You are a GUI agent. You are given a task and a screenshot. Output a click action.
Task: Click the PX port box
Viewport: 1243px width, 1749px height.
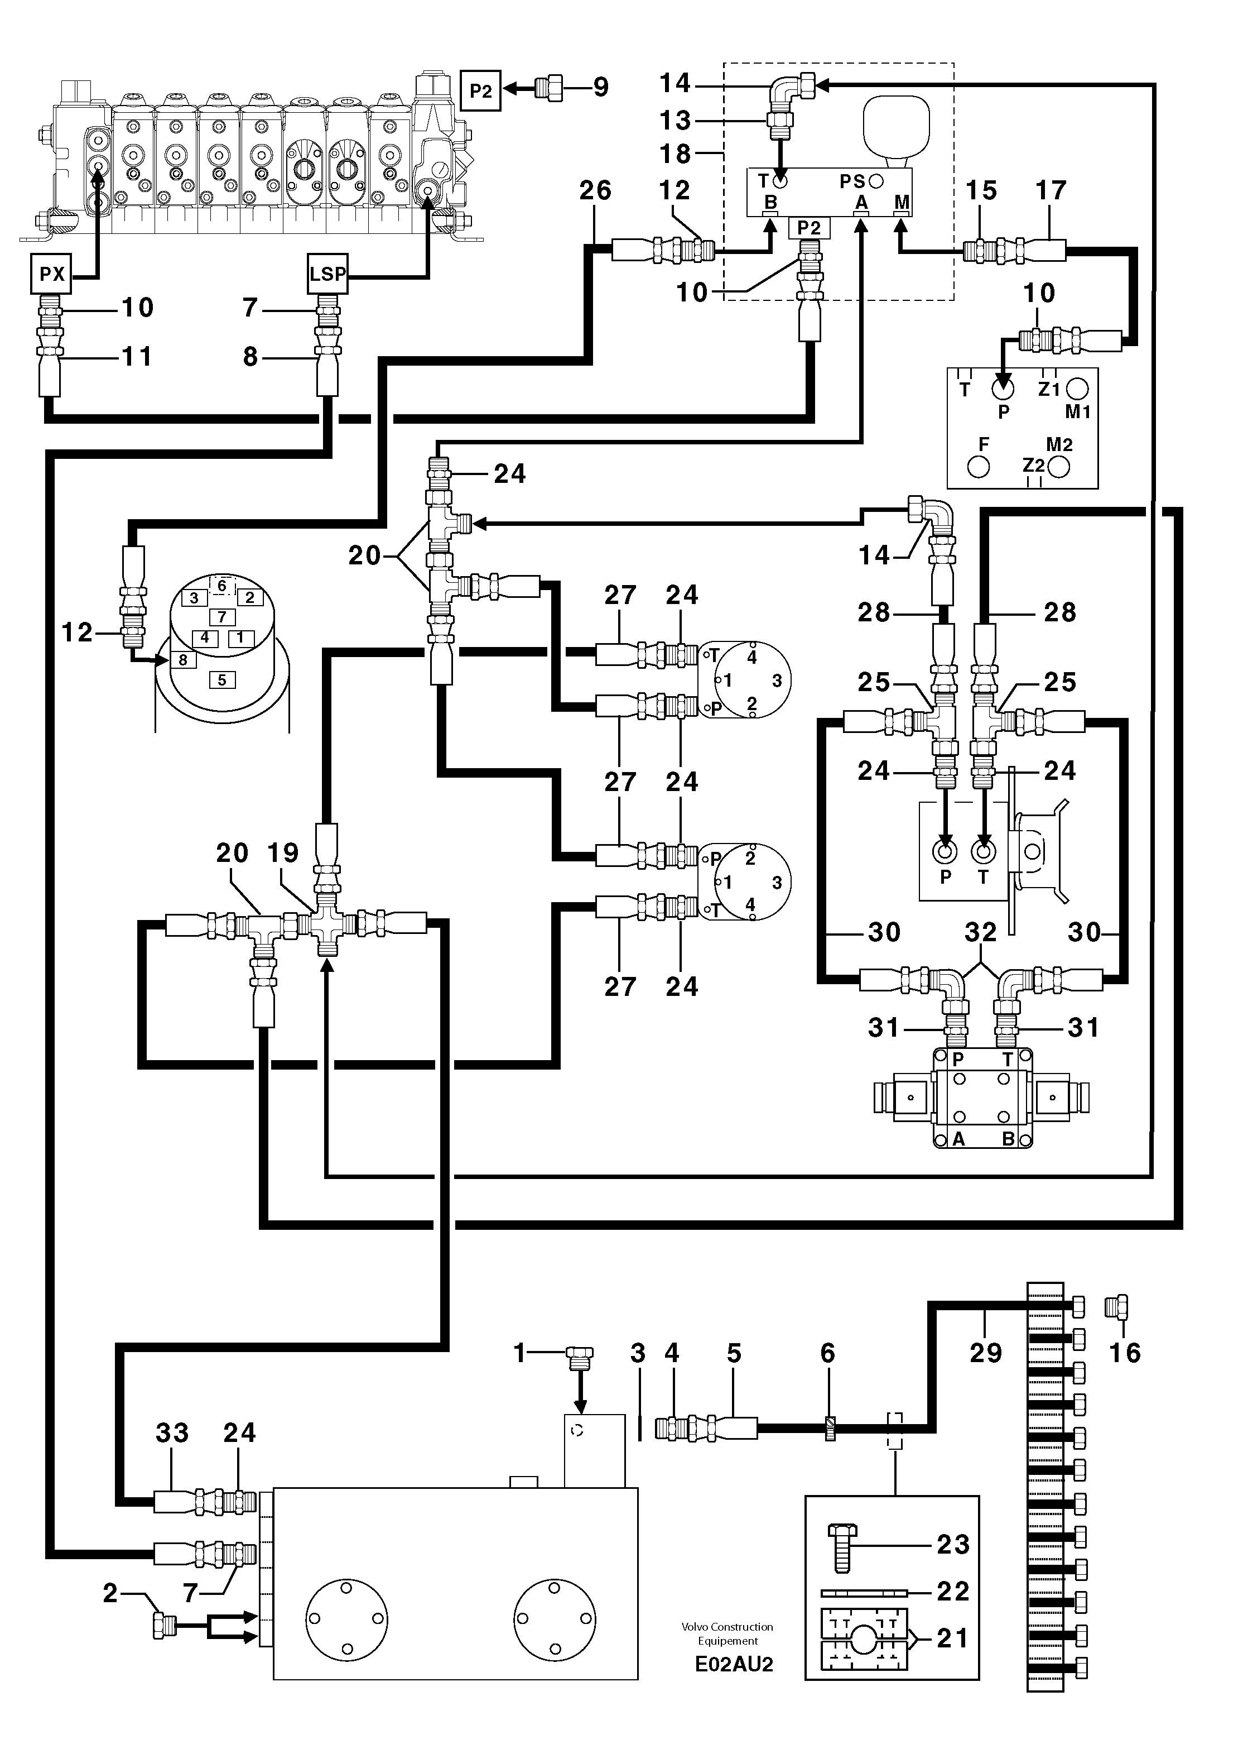[51, 274]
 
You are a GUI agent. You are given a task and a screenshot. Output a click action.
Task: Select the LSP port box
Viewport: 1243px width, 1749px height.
[327, 274]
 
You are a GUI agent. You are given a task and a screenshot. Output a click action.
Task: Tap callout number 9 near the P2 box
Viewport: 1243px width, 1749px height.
[601, 87]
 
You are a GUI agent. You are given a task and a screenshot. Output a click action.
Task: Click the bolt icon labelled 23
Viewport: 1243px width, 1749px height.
[842, 1547]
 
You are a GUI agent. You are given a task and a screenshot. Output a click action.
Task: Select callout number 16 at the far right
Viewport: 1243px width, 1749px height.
[1124, 1353]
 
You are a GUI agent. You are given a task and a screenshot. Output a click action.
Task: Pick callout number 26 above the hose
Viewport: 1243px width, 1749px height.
[595, 191]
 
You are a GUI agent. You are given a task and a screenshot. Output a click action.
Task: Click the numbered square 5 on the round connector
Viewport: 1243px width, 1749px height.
[222, 679]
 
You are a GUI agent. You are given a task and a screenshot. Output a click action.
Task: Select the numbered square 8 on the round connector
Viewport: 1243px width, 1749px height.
[182, 659]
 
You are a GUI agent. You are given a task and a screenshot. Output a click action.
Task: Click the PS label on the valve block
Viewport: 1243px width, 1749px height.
[852, 181]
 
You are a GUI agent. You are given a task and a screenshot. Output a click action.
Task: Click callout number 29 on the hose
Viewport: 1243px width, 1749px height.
[985, 1353]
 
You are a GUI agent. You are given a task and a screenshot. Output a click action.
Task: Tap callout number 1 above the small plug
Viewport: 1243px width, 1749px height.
[520, 1354]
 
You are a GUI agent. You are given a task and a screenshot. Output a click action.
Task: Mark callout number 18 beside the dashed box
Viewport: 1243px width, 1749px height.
[675, 154]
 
